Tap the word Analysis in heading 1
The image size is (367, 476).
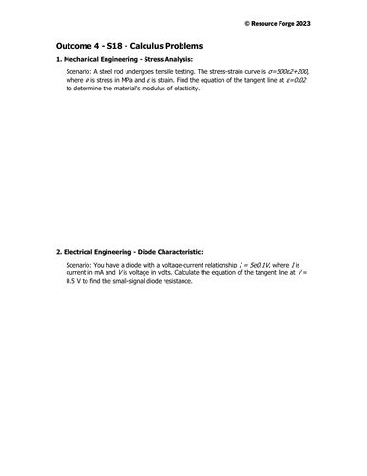click(x=173, y=60)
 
